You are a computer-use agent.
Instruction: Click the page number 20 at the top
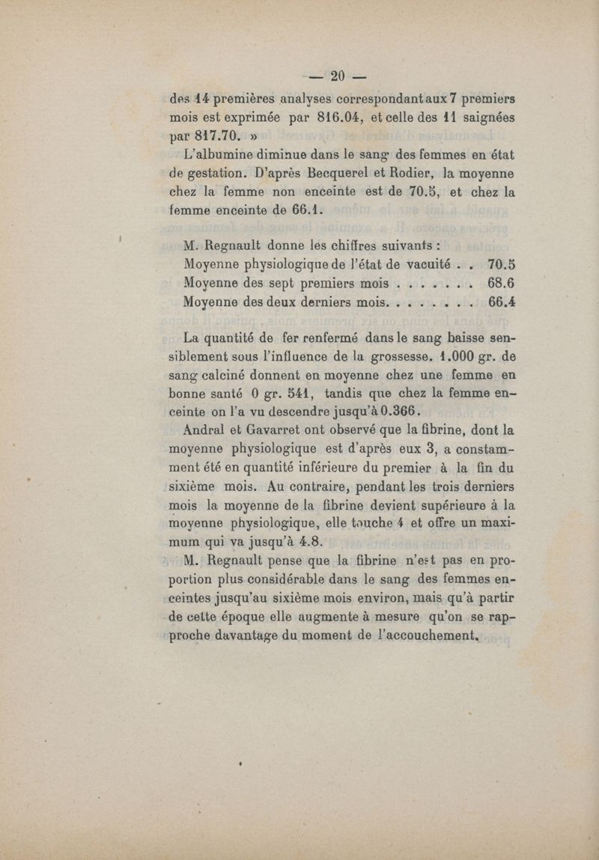pyautogui.click(x=336, y=75)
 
